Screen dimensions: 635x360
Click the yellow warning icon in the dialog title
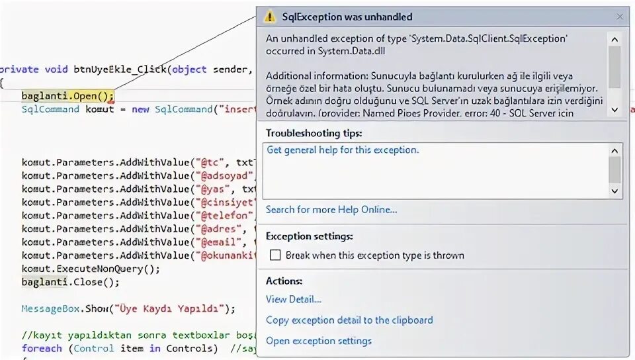tap(269, 17)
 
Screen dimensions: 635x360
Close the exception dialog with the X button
tap(620, 17)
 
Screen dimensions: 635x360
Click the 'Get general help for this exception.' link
tap(342, 150)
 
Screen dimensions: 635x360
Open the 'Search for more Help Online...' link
tap(331, 210)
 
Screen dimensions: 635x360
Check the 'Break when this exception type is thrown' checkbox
tap(275, 255)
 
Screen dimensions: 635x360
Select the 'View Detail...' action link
tap(293, 299)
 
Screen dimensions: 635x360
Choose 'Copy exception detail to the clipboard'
tap(349, 320)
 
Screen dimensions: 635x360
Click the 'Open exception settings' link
tap(318, 341)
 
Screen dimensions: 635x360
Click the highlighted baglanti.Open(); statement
tap(67, 96)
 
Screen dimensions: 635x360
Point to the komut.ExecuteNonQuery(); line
tap(91, 269)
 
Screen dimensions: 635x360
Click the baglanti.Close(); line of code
tap(70, 282)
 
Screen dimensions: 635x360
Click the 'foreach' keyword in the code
tap(42, 348)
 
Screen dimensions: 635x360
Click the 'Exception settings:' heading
tap(309, 236)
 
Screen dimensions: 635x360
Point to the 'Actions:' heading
tap(284, 281)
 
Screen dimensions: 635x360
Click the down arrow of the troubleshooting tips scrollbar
tap(615, 191)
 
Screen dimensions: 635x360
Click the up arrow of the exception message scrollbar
tap(615, 38)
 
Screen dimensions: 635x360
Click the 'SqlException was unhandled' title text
tap(347, 17)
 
